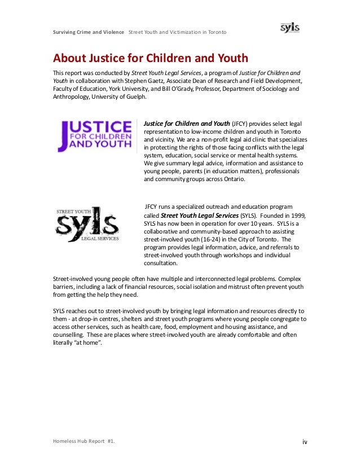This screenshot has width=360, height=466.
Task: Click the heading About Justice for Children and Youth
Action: (150, 58)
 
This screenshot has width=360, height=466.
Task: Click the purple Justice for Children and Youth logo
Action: (95, 135)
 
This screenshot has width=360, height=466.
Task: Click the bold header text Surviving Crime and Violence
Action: (89, 32)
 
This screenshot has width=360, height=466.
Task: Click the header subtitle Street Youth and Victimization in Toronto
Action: (178, 32)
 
